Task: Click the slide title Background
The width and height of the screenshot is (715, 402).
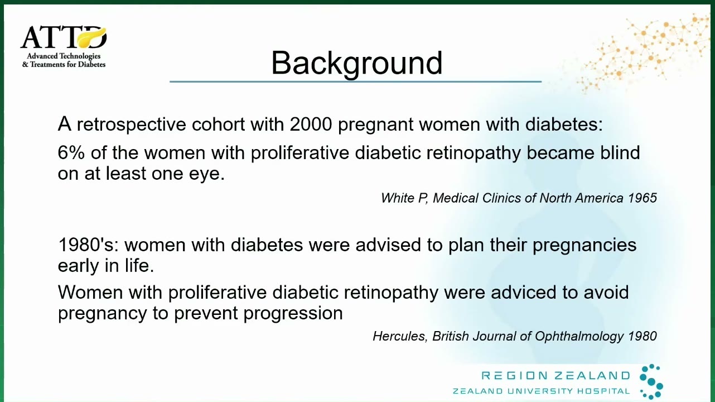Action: click(x=356, y=63)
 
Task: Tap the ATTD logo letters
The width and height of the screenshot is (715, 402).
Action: click(x=64, y=37)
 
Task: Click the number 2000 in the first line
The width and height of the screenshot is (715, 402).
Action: click(x=311, y=124)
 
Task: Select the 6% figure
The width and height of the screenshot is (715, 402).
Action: click(x=71, y=152)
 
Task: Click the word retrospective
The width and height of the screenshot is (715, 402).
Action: click(x=131, y=125)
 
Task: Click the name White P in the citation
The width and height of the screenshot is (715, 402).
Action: click(x=404, y=198)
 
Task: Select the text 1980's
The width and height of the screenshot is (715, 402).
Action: click(x=89, y=245)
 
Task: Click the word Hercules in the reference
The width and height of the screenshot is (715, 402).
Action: click(x=400, y=336)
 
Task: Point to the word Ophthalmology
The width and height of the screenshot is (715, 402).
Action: click(x=579, y=337)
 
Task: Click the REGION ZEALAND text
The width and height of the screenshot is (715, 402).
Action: click(x=555, y=375)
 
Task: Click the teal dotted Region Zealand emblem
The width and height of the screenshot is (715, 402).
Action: click(x=651, y=381)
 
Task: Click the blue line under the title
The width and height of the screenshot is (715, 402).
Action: click(x=356, y=82)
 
